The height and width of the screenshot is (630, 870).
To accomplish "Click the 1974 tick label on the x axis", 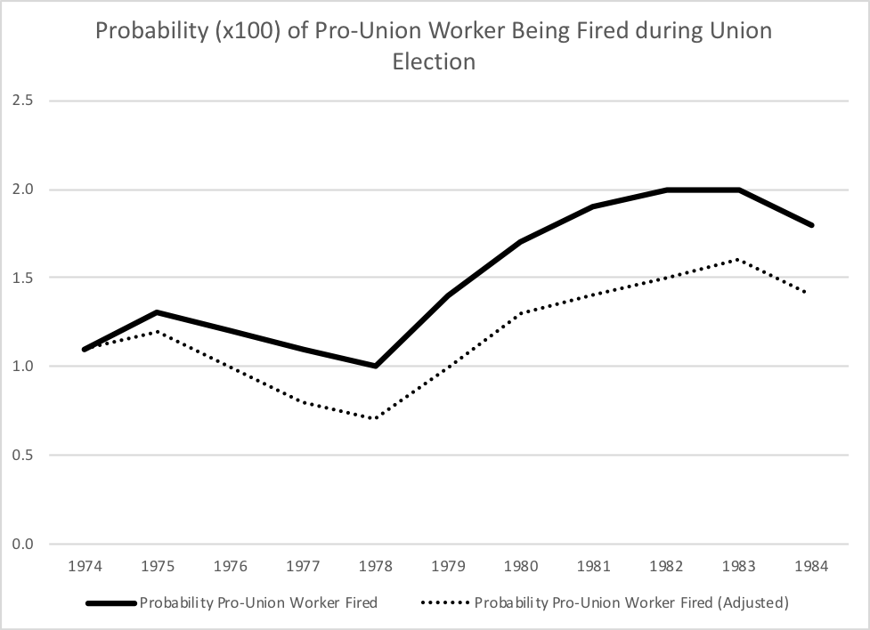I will pyautogui.click(x=84, y=567).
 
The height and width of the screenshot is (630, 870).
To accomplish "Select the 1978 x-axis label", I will pyautogui.click(x=376, y=567).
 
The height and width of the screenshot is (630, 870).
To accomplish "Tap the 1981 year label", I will pyautogui.click(x=594, y=567).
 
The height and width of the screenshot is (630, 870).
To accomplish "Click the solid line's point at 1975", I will pyautogui.click(x=157, y=313).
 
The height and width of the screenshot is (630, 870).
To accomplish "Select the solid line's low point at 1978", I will pyautogui.click(x=376, y=366).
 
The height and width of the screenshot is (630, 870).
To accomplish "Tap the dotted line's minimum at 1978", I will pyautogui.click(x=376, y=419).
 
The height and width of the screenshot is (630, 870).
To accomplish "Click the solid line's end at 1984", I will pyautogui.click(x=812, y=225).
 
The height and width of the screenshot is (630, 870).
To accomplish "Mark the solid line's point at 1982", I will pyautogui.click(x=667, y=190).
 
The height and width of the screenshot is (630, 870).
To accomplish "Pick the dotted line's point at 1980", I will pyautogui.click(x=521, y=313).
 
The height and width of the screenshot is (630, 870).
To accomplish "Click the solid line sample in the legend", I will pyautogui.click(x=111, y=602).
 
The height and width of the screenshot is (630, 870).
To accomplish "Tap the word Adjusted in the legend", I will pyautogui.click(x=755, y=602).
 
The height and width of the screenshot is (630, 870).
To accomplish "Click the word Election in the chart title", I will pyautogui.click(x=435, y=61).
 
